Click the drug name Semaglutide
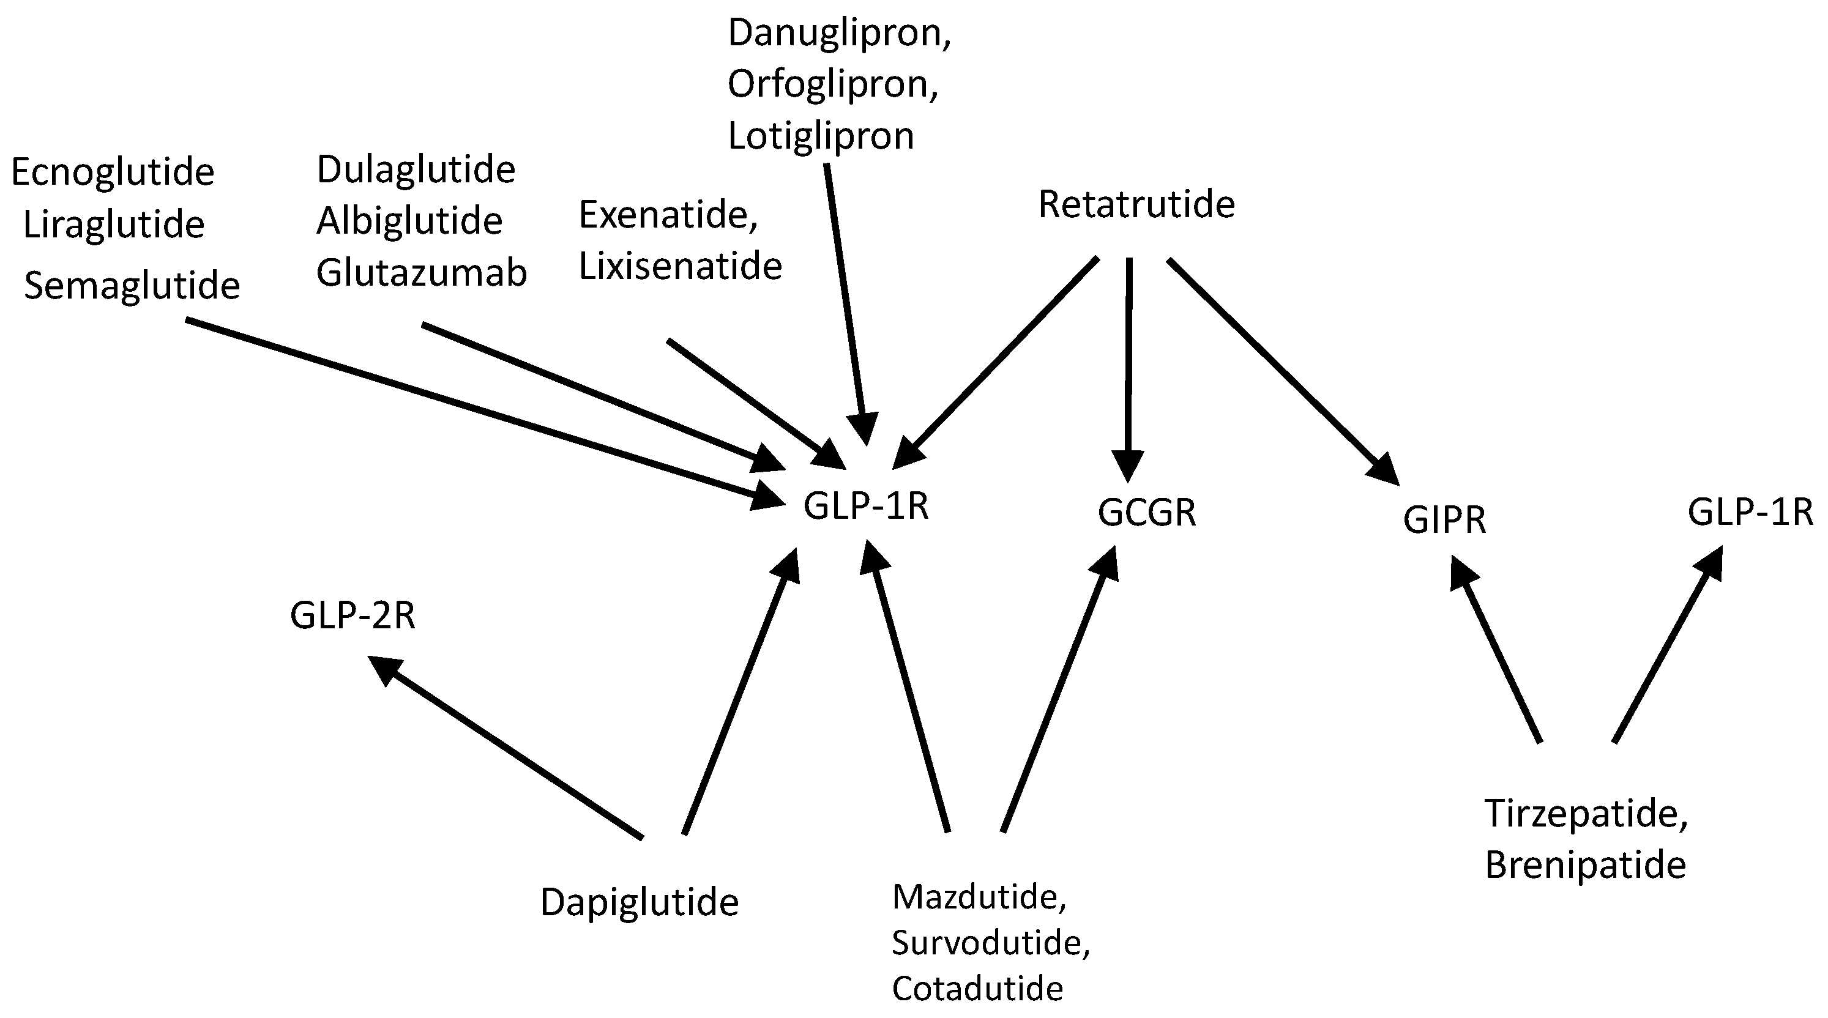pos(132,286)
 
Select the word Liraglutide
pos(114,225)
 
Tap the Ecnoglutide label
pos(113,173)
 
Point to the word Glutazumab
pos(422,273)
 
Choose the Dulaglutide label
pos(416,169)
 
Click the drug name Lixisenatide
pos(680,266)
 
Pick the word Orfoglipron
pos(832,84)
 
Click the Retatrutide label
pos(1136,204)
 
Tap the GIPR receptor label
pos(1444,520)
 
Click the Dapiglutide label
pos(640,903)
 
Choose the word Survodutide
pos(990,943)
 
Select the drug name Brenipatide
pos(1585,866)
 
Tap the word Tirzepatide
pos(1585,814)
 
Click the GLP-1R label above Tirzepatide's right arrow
pos(1750,512)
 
